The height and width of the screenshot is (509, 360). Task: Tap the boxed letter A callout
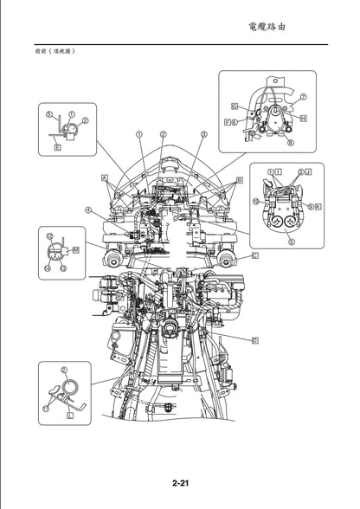click(104, 176)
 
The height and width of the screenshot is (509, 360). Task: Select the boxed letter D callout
click(255, 340)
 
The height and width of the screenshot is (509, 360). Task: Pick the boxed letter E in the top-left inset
click(57, 148)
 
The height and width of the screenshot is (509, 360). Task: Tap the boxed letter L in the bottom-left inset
click(69, 416)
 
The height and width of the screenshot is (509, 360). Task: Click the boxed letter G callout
click(235, 106)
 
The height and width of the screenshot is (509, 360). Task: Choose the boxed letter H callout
click(303, 118)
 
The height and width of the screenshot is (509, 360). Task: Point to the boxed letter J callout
click(309, 171)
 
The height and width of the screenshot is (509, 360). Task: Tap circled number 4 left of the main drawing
click(87, 209)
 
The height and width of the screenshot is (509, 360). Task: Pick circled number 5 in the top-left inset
click(49, 113)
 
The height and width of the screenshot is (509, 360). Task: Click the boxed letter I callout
click(286, 173)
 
